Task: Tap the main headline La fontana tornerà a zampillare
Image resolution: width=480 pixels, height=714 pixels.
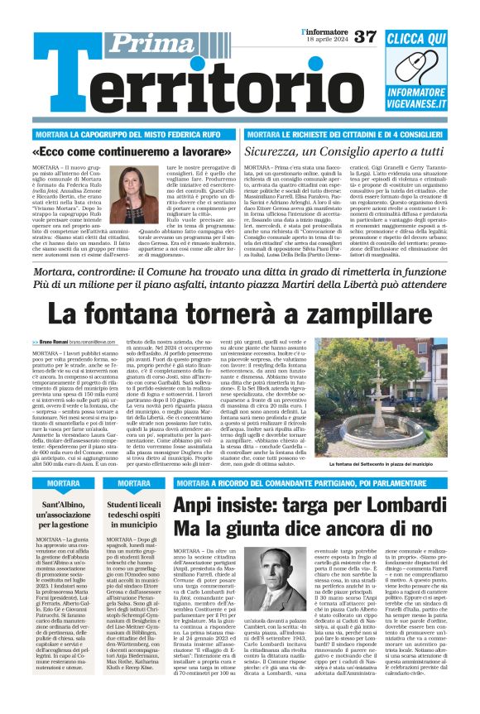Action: point(240,314)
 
